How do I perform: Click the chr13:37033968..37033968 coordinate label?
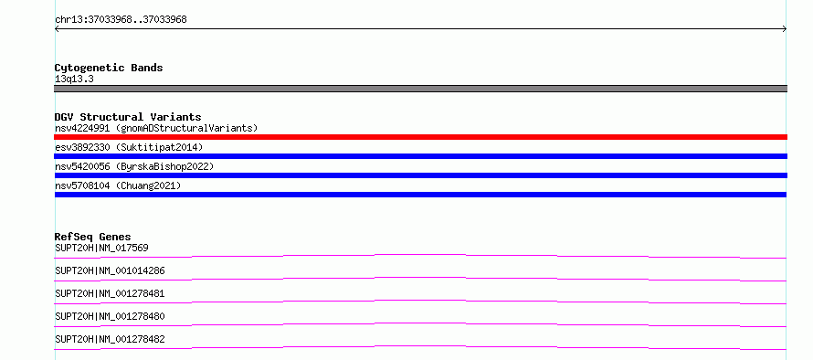121,20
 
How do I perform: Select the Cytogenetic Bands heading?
109,68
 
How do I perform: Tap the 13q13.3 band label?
74,79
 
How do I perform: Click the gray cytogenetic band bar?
420,89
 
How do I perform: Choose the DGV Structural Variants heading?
128,117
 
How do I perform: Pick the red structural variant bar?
420,137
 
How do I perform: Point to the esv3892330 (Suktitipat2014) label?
129,147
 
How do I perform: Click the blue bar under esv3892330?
420,156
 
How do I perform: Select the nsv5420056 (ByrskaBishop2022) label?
134,166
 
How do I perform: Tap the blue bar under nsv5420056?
420,175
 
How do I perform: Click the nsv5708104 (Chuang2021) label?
118,185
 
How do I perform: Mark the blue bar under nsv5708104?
420,195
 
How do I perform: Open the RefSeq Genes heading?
93,237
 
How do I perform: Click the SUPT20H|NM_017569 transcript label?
101,248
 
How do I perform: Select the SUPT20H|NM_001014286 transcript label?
110,270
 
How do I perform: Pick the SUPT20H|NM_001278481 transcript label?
110,293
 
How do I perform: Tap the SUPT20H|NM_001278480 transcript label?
110,316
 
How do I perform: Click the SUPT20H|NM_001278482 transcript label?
110,339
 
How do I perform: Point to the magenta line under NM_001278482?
420,346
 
